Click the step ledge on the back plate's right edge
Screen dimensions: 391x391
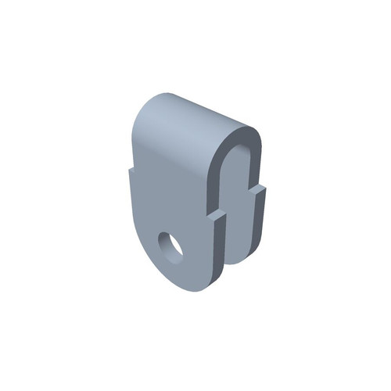click(260, 188)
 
